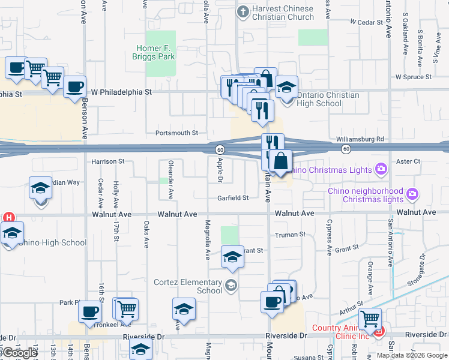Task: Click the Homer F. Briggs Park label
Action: click(x=154, y=52)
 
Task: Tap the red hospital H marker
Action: click(x=9, y=217)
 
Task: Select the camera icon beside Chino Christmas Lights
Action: click(x=381, y=170)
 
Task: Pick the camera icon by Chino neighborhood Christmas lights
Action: click(x=412, y=194)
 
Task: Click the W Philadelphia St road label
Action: click(x=121, y=92)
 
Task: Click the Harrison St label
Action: click(x=107, y=161)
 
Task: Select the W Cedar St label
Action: click(x=366, y=22)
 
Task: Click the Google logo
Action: click(x=20, y=353)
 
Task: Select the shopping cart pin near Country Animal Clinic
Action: click(x=370, y=318)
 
